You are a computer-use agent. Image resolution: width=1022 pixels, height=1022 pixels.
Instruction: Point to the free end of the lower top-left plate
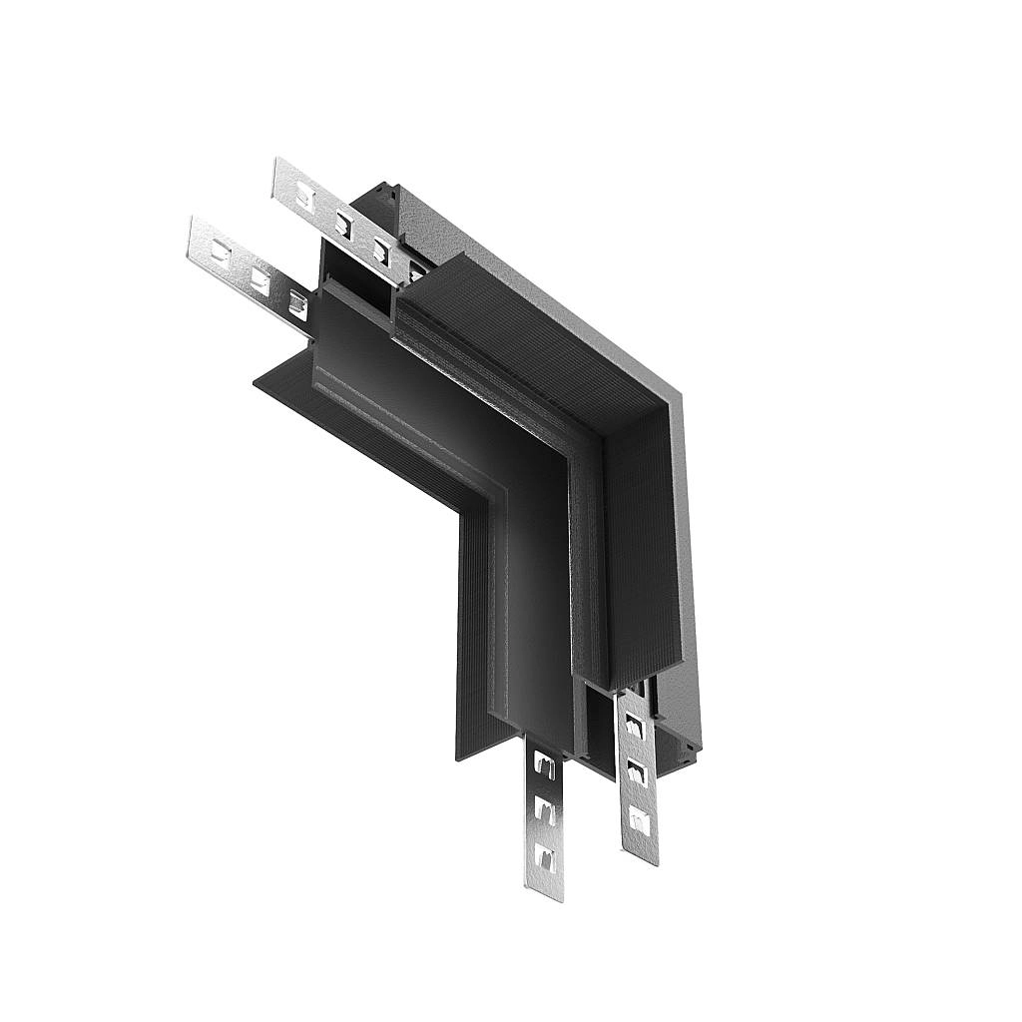coord(196,234)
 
